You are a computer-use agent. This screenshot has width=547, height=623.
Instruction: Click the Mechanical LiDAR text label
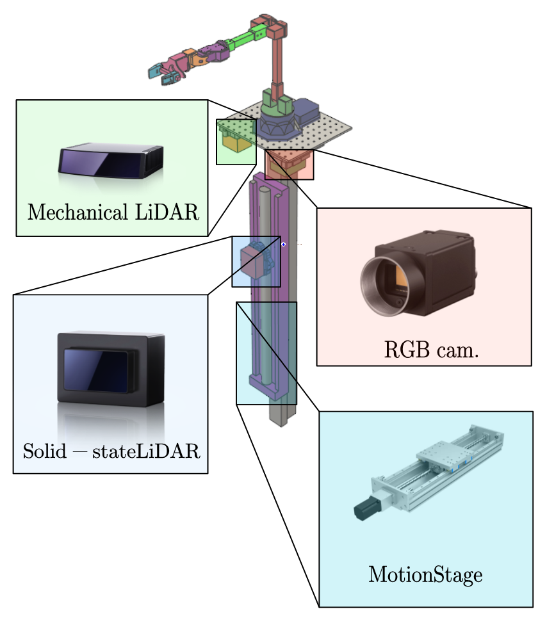tap(112, 212)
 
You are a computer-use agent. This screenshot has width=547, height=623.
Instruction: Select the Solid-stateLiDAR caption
tap(111, 451)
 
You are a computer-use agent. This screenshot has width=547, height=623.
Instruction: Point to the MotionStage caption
tap(425, 574)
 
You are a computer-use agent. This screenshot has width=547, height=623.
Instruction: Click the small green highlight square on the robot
tap(236, 142)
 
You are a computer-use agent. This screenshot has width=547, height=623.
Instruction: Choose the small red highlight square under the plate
tap(290, 165)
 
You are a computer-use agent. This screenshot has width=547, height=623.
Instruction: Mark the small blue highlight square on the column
tap(256, 261)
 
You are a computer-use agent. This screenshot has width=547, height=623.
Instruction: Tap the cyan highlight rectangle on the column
tap(266, 353)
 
